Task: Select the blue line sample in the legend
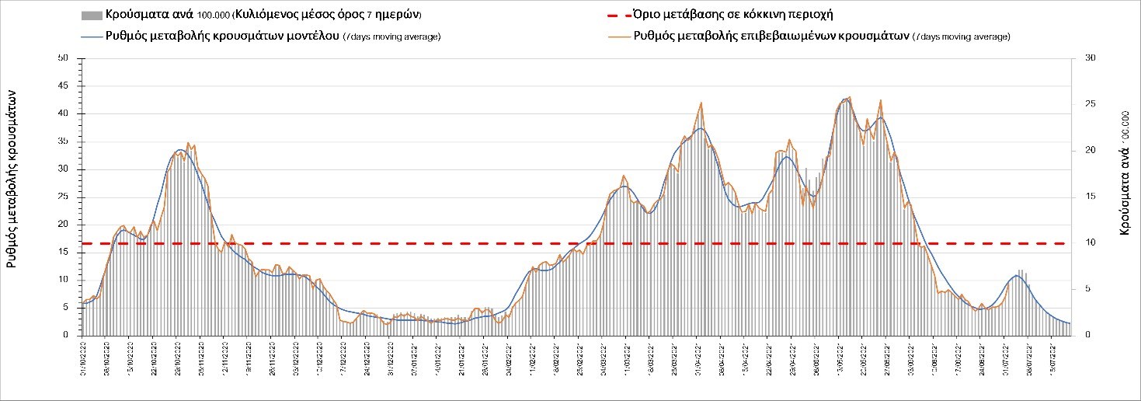click(x=92, y=36)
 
